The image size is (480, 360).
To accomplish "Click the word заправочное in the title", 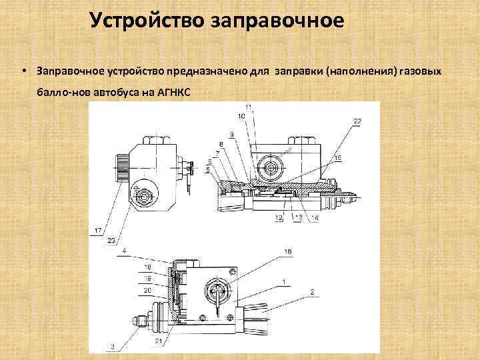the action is tap(278, 21).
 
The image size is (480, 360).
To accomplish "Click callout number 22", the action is tap(357, 120).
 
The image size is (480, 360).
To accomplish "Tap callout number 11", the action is tap(249, 107).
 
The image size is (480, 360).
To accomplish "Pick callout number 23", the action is tap(111, 240).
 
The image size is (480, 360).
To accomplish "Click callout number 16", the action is tap(288, 251).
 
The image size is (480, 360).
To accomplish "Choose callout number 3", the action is tap(113, 346).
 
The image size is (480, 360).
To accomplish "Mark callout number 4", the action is tap(124, 251).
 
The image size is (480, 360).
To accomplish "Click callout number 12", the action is tap(278, 218).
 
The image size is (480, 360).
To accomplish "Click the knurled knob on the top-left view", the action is tap(122, 171).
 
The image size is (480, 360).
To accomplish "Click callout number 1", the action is tap(285, 283).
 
